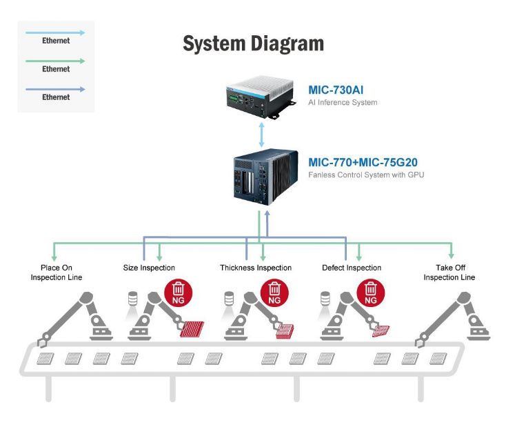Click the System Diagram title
click(253, 44)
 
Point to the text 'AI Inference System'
click(343, 103)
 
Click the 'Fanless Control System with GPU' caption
click(366, 175)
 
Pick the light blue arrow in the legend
click(56, 32)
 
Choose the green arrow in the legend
click(56, 61)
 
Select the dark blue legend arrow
click(56, 89)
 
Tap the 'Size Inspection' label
click(148, 268)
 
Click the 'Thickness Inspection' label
click(256, 268)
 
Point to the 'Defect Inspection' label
click(352, 268)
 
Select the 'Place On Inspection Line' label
click(57, 272)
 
